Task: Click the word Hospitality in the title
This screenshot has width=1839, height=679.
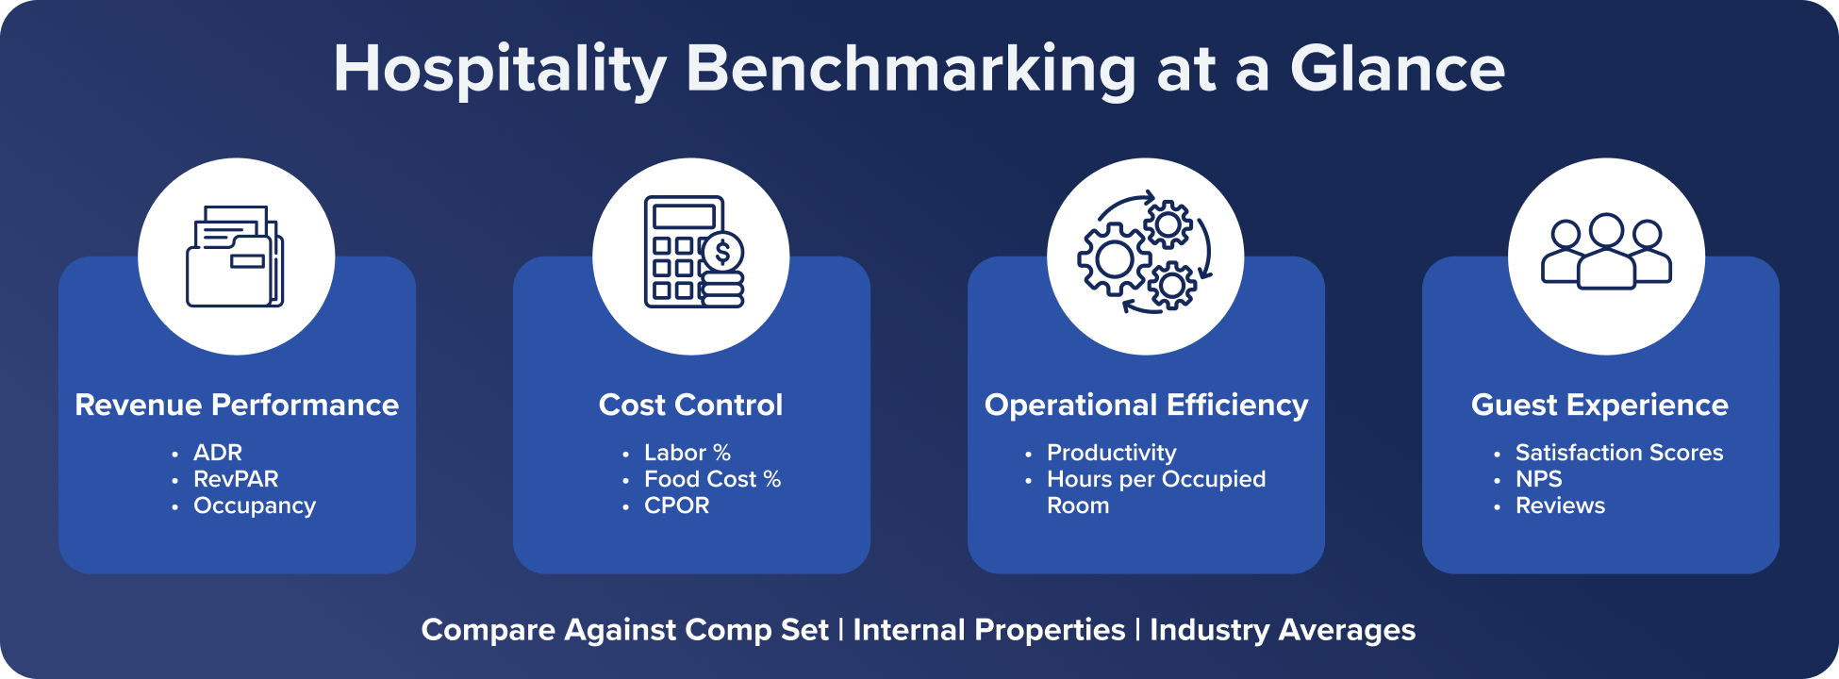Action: (x=500, y=70)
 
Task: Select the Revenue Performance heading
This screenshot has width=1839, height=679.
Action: (x=237, y=405)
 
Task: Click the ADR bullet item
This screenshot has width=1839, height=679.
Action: (x=218, y=453)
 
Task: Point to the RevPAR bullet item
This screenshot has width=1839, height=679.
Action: (x=236, y=479)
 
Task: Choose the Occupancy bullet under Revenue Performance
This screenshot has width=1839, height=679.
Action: (x=255, y=505)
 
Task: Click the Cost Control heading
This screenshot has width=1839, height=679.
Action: (x=690, y=405)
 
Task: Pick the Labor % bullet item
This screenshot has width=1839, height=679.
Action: (x=688, y=453)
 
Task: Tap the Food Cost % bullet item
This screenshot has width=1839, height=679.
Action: (x=712, y=479)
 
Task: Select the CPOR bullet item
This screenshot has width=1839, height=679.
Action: (x=676, y=505)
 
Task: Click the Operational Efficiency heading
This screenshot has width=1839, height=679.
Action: (x=1146, y=405)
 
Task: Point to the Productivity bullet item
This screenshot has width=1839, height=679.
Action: (x=1111, y=453)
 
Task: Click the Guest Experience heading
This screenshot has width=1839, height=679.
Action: (x=1599, y=405)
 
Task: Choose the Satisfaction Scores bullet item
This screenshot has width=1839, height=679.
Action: (x=1618, y=453)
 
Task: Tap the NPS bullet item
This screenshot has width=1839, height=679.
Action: (x=1538, y=479)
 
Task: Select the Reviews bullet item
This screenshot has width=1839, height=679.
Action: (x=1560, y=505)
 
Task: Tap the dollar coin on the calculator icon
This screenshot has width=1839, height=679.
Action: (x=723, y=252)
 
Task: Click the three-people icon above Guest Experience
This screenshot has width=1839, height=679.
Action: (x=1606, y=252)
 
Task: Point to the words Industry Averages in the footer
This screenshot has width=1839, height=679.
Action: (x=1282, y=630)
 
